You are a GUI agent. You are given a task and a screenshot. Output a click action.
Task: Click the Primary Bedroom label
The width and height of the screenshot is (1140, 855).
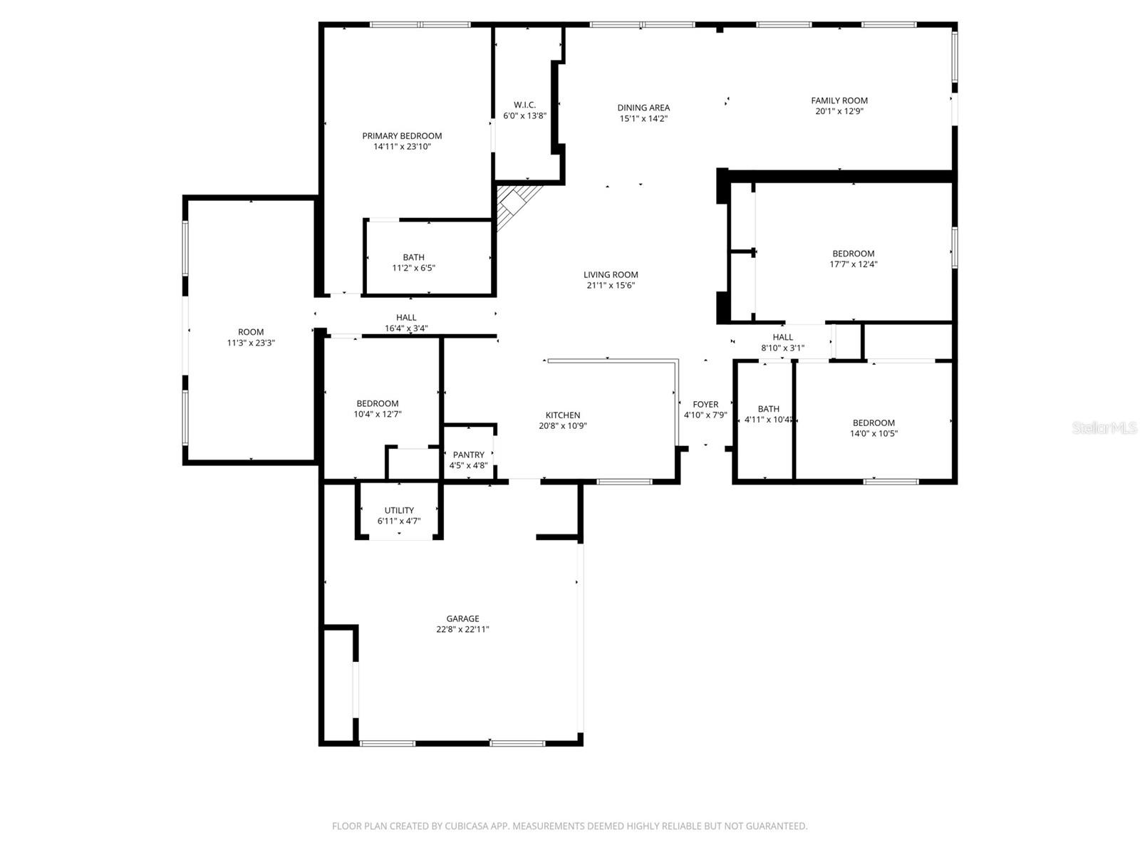point(402,136)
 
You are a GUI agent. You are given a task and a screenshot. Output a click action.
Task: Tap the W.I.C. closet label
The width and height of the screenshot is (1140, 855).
point(524,105)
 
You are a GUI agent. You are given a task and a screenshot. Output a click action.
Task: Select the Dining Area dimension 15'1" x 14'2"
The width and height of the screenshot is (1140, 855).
point(643,119)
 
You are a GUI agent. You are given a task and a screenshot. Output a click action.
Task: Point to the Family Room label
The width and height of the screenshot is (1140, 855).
point(839,100)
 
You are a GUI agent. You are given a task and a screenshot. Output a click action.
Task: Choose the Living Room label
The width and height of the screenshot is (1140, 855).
point(611,275)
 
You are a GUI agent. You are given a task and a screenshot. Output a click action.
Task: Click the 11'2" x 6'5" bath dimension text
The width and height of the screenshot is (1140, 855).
point(413,269)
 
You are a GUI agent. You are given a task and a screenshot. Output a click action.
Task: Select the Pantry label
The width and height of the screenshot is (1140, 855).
point(468,455)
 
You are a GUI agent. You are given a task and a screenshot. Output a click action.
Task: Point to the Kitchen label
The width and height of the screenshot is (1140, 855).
point(563,415)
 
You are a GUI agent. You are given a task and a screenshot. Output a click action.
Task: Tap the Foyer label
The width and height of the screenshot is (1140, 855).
point(705,405)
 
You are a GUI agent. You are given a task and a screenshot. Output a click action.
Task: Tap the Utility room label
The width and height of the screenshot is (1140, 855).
point(399,510)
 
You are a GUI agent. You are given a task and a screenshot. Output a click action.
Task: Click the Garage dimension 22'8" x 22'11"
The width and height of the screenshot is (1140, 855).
point(462,630)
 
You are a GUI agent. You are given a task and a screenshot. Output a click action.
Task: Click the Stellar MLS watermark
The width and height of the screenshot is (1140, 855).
point(1104,428)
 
